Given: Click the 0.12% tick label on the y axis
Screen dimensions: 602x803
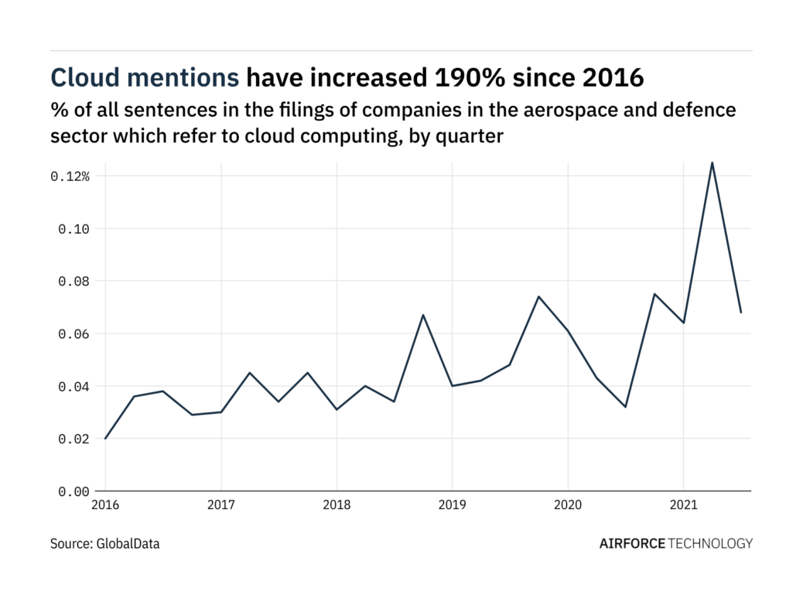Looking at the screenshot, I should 70,176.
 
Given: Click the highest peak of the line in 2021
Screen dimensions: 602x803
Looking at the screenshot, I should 712,162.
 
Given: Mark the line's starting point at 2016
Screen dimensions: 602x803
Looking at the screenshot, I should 105,439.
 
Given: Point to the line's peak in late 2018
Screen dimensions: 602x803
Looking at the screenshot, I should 423,315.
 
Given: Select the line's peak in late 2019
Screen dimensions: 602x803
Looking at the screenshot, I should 538,296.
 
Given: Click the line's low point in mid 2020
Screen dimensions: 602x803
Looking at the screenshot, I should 625,407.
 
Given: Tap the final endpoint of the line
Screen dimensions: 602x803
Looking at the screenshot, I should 741,313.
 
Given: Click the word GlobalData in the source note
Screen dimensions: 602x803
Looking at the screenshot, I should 128,544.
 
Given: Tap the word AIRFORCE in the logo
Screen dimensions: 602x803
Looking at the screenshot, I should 632,543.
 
